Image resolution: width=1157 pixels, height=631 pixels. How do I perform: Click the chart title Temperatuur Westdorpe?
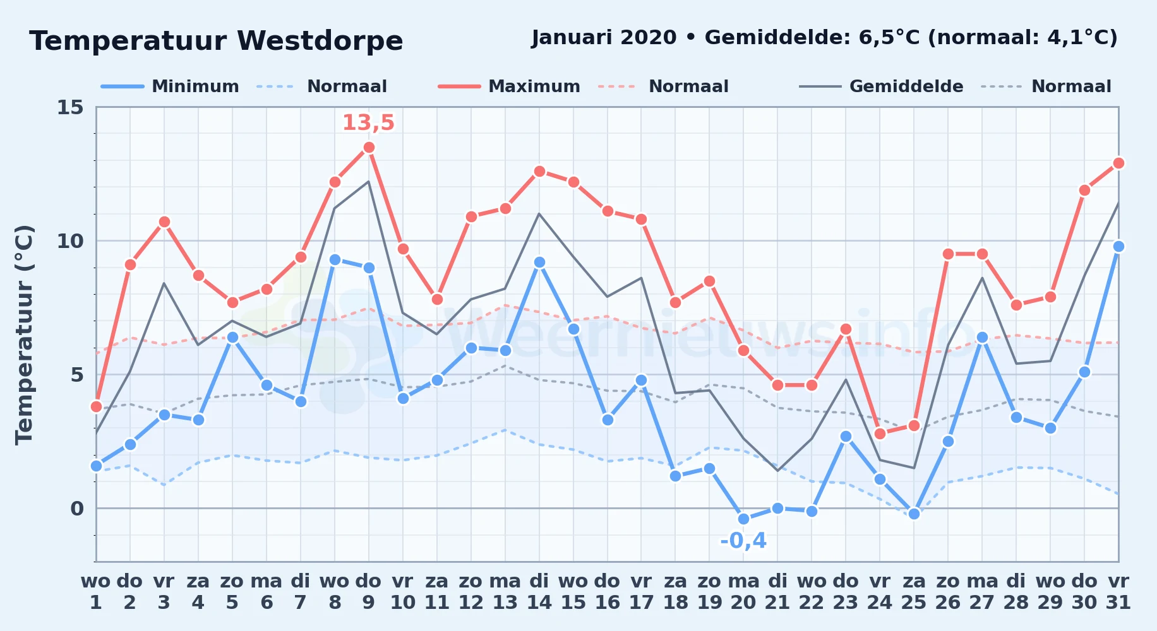click(216, 41)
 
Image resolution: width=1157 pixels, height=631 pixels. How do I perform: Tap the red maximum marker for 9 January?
click(369, 147)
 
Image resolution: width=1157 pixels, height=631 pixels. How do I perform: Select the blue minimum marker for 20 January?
click(743, 519)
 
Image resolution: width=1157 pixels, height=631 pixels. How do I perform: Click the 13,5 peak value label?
click(368, 122)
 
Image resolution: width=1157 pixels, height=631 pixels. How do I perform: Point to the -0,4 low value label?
click(743, 541)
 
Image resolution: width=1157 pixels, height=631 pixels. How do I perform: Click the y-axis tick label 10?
click(70, 241)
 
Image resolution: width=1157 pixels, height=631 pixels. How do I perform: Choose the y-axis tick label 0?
click(77, 509)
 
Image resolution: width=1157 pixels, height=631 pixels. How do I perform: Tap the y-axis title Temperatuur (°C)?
click(25, 334)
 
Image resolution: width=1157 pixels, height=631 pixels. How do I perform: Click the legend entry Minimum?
click(195, 86)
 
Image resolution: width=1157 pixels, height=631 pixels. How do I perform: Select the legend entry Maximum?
click(534, 86)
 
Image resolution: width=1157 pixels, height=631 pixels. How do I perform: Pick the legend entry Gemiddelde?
click(906, 86)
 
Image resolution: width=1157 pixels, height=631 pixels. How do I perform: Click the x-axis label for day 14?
click(539, 592)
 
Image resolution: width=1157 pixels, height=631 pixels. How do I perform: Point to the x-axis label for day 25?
click(914, 592)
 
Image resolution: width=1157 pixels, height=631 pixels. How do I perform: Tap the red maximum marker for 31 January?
click(1118, 163)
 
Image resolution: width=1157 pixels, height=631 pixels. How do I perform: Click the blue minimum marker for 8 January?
click(335, 259)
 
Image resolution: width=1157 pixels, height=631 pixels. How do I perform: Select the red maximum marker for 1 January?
click(96, 406)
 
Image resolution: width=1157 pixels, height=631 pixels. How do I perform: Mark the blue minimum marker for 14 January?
click(539, 262)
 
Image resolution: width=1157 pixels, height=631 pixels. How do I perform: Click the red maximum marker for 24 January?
click(880, 433)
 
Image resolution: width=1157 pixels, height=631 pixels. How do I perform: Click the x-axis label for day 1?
click(96, 592)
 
